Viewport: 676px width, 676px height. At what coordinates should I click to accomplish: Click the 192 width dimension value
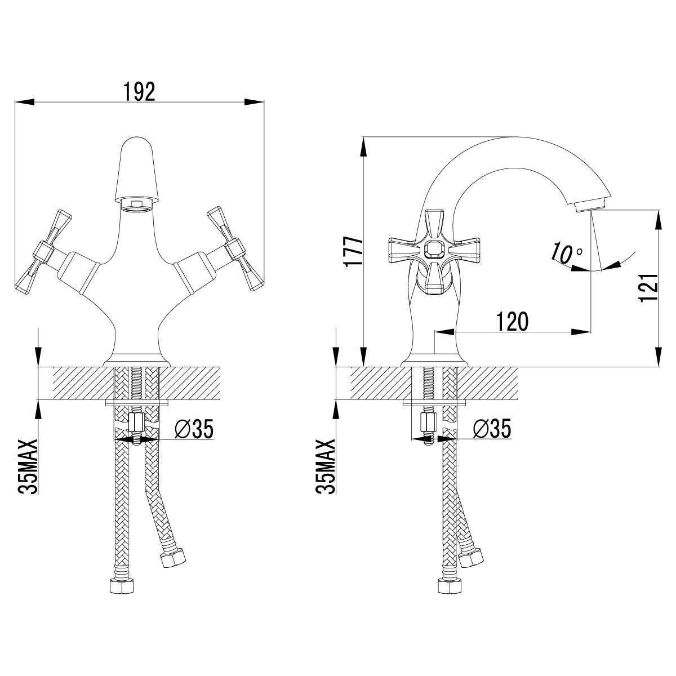pyautogui.click(x=139, y=92)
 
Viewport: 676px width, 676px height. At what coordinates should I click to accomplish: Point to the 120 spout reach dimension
pyautogui.click(x=512, y=321)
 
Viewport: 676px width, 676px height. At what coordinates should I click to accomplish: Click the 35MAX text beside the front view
pyautogui.click(x=28, y=466)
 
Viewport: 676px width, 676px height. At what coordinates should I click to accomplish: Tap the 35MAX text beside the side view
pyautogui.click(x=326, y=466)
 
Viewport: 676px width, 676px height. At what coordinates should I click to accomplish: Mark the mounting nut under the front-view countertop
pyautogui.click(x=136, y=422)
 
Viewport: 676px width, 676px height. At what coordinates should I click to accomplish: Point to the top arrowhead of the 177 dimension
pyautogui.click(x=364, y=146)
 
